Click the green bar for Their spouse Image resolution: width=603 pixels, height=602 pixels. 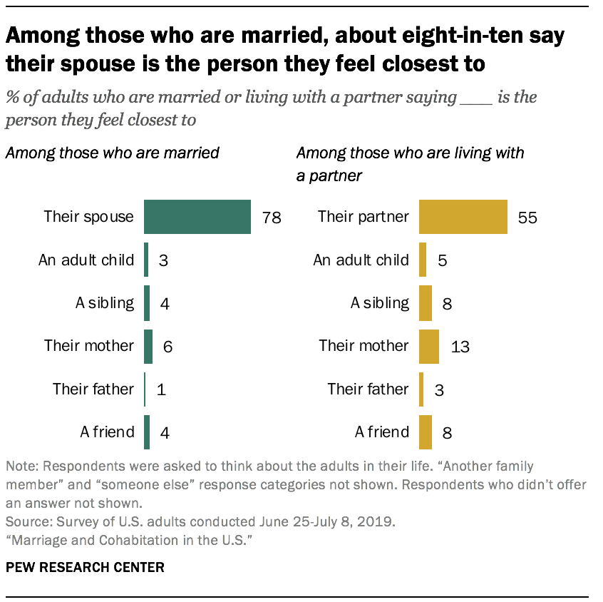(197, 217)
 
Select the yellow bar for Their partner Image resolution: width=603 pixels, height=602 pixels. (463, 217)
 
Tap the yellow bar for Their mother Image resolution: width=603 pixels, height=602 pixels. (428, 346)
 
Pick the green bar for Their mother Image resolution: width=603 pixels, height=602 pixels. (148, 346)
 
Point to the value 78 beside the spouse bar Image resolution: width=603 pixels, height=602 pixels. (272, 218)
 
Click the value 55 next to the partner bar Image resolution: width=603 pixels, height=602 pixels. (527, 218)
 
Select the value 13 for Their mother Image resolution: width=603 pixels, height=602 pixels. (460, 347)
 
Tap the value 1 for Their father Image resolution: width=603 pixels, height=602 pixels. (161, 389)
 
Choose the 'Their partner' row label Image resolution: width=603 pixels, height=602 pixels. (364, 216)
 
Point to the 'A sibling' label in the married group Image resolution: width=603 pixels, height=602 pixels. (105, 302)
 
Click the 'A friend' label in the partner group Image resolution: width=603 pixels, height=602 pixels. (382, 432)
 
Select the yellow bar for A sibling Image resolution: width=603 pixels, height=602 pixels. (426, 302)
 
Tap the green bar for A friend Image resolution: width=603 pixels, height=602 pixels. (147, 432)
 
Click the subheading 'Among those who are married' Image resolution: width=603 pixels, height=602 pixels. (112, 152)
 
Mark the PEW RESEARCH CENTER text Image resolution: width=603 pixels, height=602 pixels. (85, 568)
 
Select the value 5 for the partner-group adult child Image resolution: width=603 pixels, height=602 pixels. (443, 260)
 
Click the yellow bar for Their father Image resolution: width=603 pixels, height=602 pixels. (421, 389)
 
